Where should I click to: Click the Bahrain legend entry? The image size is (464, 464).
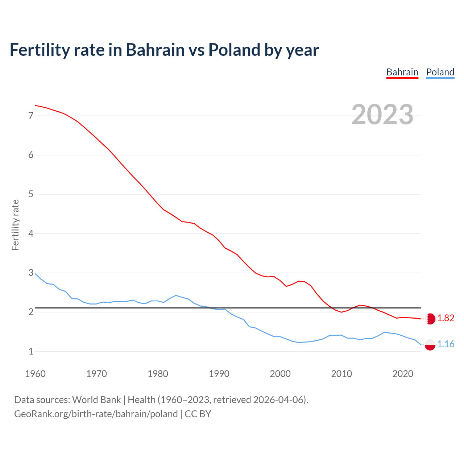point(402,72)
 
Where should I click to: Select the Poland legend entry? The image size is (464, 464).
point(440,72)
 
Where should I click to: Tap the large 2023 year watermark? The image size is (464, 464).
point(382,115)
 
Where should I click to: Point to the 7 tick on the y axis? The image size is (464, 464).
point(31,116)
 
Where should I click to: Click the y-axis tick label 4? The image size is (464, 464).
point(31,233)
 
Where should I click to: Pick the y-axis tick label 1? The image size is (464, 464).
point(31,351)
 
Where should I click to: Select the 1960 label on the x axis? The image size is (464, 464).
point(35,374)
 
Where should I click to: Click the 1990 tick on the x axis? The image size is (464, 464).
point(219,374)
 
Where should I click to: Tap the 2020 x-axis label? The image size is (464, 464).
point(403,374)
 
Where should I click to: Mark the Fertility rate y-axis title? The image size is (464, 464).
point(15,225)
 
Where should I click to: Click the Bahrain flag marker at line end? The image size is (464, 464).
point(430,319)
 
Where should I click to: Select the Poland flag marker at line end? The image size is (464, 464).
point(430,344)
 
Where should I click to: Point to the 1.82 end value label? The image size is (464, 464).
point(446,318)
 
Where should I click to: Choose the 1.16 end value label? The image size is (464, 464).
point(446,344)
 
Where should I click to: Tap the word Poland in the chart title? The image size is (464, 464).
point(234,50)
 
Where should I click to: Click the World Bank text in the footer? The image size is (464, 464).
point(96,400)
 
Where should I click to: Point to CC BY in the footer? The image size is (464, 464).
point(198,414)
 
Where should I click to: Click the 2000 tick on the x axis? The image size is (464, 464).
point(280,374)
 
